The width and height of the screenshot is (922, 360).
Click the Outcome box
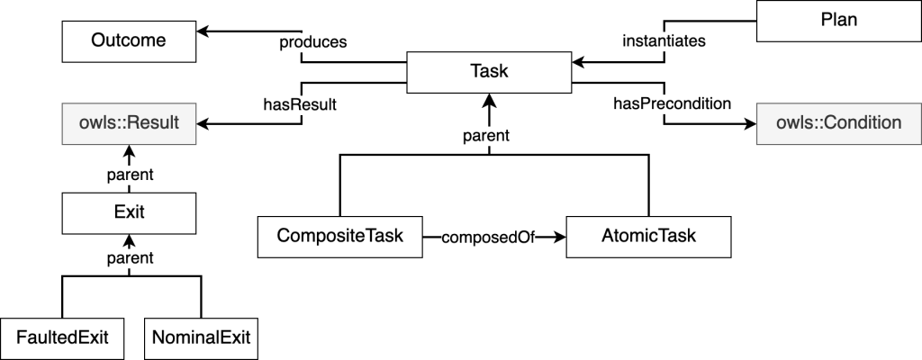tap(129, 41)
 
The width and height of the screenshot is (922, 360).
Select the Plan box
tap(838, 21)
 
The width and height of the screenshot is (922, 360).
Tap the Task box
tap(489, 72)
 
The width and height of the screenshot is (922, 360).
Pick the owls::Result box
tap(129, 123)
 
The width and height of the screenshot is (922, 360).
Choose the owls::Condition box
tap(838, 123)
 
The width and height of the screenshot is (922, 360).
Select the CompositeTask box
tap(339, 237)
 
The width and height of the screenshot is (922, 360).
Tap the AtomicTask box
tap(648, 237)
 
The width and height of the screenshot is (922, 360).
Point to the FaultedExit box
tap(62, 338)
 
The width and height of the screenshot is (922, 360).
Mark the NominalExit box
tap(201, 338)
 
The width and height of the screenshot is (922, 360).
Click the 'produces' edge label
tap(312, 42)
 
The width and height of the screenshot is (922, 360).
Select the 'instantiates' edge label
tap(664, 41)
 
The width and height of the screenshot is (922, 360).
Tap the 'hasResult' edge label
tap(300, 104)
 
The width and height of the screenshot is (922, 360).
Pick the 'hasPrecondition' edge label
tap(672, 103)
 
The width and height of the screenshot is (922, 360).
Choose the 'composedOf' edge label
tap(488, 238)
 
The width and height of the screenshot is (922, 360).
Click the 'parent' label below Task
tap(485, 136)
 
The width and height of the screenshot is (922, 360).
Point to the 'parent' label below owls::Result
tap(130, 175)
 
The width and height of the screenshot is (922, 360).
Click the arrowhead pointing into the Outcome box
tap(203, 31)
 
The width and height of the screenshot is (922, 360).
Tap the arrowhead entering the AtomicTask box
tap(559, 237)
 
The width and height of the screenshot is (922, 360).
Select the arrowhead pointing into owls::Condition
tap(749, 124)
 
